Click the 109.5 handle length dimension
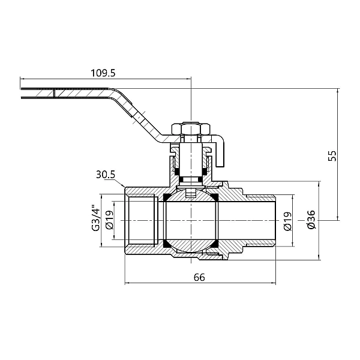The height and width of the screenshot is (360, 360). (x=103, y=73)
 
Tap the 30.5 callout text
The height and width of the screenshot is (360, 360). (x=105, y=176)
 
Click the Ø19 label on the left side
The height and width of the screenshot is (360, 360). (x=109, y=220)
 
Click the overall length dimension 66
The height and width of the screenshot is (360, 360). (x=200, y=277)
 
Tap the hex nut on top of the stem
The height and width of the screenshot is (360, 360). (x=190, y=128)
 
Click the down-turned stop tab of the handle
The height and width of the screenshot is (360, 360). (x=221, y=153)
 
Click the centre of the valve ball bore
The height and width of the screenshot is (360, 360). (x=191, y=220)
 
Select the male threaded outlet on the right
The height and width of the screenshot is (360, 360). (x=261, y=220)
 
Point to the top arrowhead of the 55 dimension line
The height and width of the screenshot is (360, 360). (x=338, y=90)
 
